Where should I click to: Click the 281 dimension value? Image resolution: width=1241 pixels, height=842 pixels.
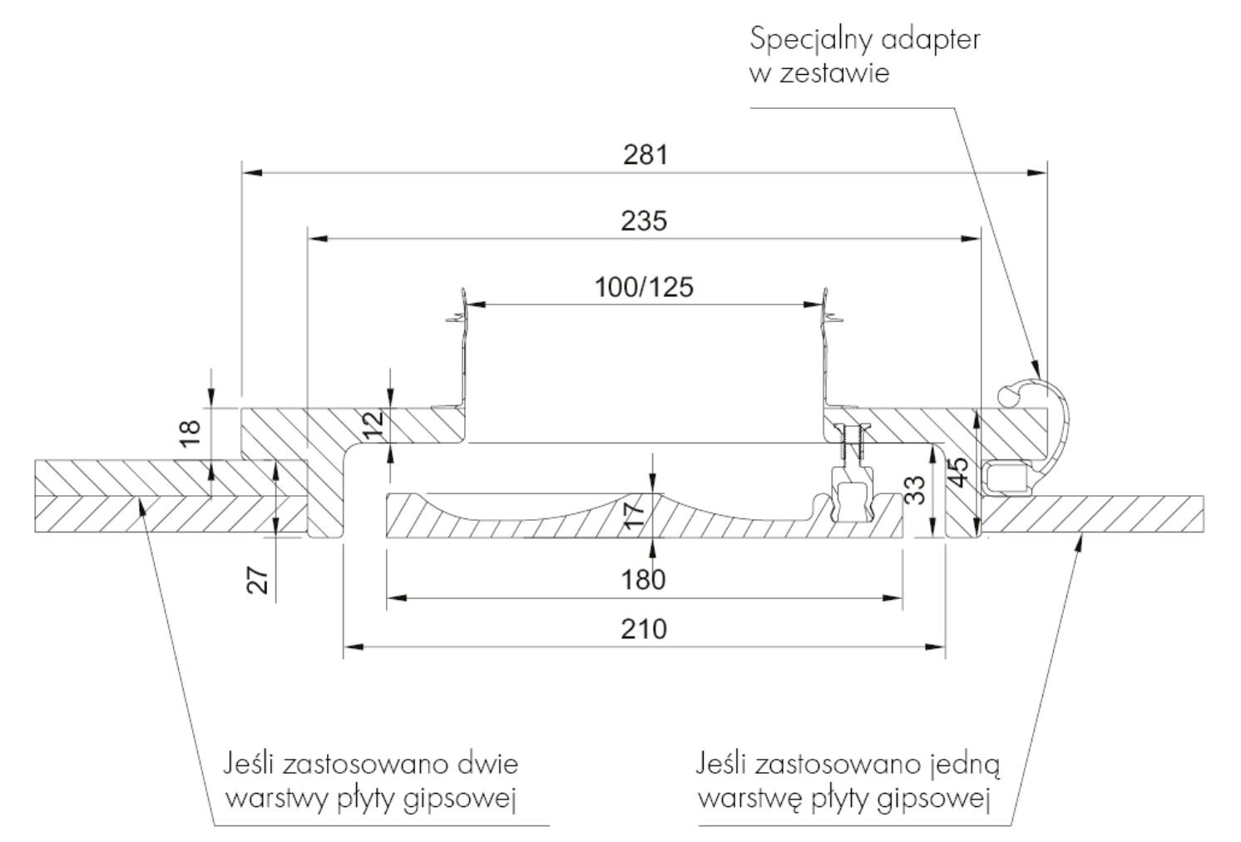click(646, 155)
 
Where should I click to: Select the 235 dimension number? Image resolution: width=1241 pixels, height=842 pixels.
click(644, 220)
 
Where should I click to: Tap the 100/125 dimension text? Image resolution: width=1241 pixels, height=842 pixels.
click(644, 287)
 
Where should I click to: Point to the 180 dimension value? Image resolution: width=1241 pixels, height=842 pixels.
click(643, 580)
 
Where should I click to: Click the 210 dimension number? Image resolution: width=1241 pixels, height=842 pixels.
click(644, 629)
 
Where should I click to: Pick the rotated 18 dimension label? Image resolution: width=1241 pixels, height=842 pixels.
click(190, 433)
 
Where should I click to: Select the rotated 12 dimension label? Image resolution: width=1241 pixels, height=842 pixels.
click(374, 423)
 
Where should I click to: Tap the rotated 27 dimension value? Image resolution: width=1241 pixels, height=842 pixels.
click(258, 580)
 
